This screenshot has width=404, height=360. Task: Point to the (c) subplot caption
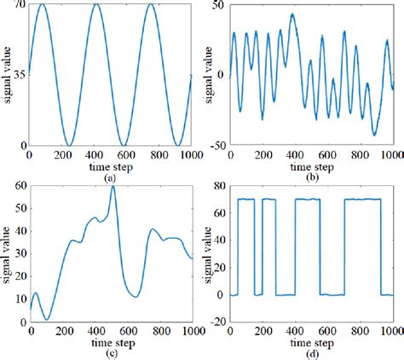click(x=110, y=351)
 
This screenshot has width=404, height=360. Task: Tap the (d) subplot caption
click(x=311, y=351)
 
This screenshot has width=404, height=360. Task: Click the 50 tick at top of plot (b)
click(x=220, y=6)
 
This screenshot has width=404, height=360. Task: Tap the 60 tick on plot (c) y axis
click(x=20, y=186)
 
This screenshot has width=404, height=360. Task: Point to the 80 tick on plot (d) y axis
click(x=220, y=186)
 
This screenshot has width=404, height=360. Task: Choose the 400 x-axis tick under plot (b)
click(x=294, y=153)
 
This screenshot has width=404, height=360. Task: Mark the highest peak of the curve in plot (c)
click(x=113, y=187)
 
